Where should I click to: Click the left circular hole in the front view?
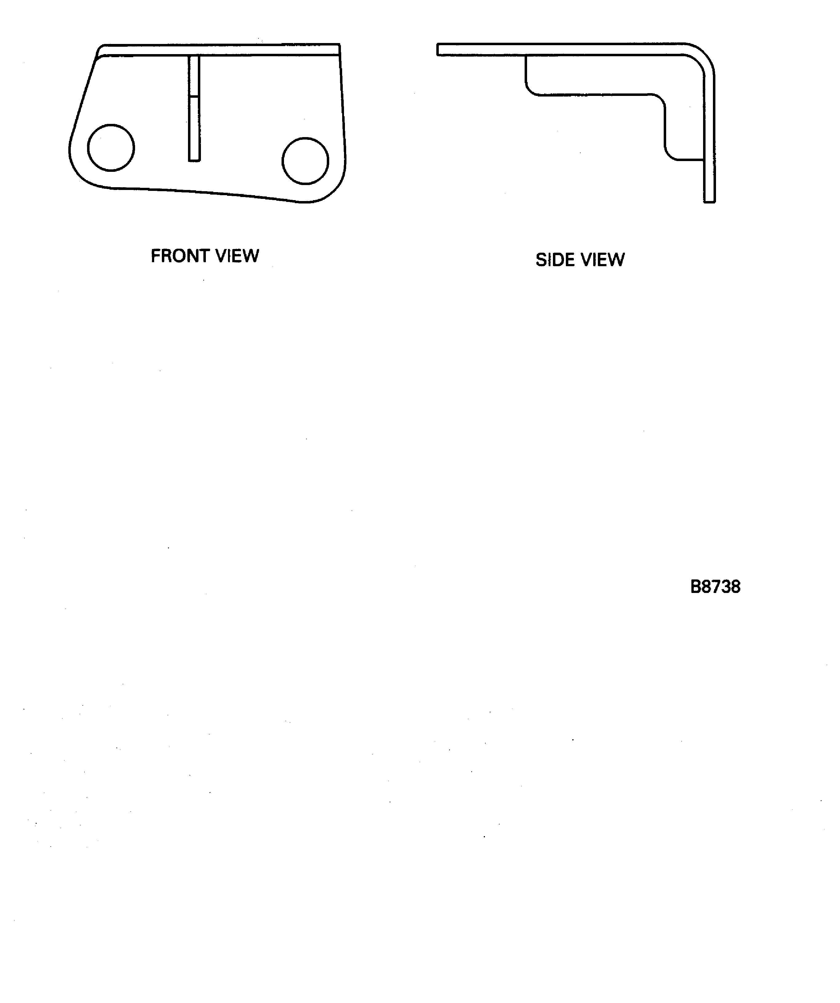coord(111,148)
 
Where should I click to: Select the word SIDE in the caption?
coord(554,260)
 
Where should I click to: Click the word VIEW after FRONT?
coord(237,256)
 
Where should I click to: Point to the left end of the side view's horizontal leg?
coord(439,50)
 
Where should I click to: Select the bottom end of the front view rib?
coord(194,160)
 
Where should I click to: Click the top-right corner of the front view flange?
coord(339,45)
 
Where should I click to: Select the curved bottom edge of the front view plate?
coord(201,192)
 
